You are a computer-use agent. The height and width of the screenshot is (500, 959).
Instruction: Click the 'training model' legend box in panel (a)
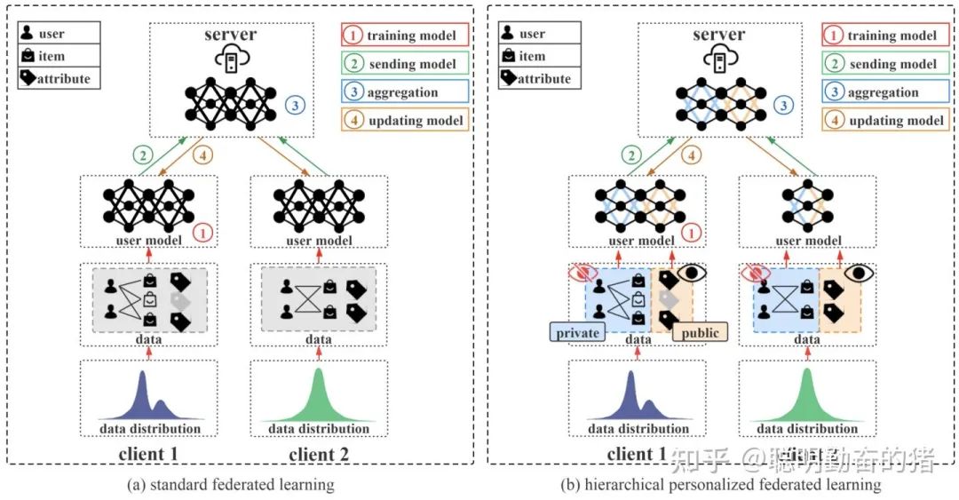404,36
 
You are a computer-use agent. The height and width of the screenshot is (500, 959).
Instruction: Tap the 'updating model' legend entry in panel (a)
404,121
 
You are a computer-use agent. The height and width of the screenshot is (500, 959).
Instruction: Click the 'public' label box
700,332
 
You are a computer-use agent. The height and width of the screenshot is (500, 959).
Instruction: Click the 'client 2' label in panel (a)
319,456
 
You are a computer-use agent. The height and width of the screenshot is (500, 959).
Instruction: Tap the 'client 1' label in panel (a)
149,456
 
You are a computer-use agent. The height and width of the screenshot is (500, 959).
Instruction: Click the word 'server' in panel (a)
231,35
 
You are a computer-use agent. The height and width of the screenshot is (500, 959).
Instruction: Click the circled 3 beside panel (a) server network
294,105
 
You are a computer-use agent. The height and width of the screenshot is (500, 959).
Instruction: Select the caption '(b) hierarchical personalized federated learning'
720,485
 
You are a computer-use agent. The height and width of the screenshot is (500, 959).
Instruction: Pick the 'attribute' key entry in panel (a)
58,78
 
